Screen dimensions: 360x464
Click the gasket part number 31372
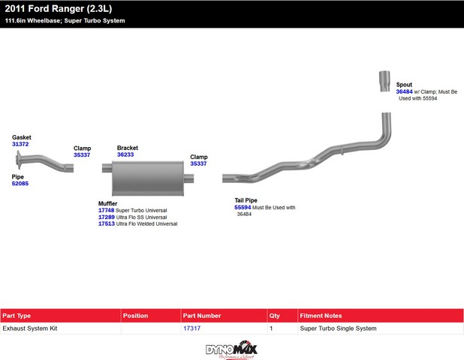pos(20,144)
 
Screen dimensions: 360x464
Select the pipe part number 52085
pos(20,184)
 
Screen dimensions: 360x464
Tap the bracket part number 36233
pos(125,155)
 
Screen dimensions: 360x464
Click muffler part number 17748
pos(106,211)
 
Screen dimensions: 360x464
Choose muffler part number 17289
pos(106,217)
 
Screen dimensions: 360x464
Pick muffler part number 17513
pos(106,224)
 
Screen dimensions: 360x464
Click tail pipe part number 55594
pos(243,208)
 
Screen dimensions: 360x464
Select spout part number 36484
pos(404,91)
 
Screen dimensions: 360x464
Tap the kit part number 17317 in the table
pos(191,328)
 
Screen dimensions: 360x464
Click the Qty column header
pos(275,316)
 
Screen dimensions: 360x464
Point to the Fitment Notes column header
pos(321,316)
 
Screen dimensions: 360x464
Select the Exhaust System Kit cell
pos(30,328)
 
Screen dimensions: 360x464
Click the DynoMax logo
pos(231,349)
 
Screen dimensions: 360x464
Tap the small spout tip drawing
pos(383,80)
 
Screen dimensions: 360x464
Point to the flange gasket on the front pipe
pos(17,160)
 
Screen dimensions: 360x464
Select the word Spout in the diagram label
pos(404,85)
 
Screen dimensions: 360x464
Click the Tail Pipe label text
pos(246,200)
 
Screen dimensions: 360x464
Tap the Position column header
pos(136,316)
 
